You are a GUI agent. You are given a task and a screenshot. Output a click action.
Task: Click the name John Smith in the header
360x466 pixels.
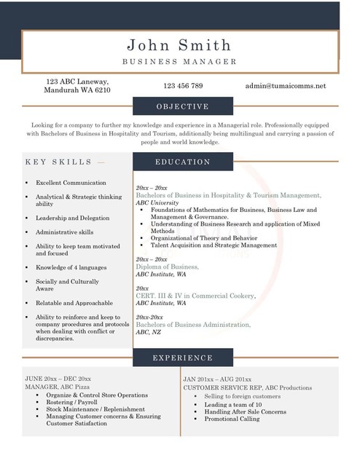(179, 44)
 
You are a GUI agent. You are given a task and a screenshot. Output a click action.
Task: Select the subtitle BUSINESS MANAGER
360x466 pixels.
(179, 62)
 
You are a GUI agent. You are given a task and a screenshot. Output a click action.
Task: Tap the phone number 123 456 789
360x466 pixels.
(183, 86)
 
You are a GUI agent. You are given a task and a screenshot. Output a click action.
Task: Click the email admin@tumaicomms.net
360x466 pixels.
(286, 86)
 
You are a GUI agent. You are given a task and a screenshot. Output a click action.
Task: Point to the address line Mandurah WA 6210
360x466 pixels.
(78, 91)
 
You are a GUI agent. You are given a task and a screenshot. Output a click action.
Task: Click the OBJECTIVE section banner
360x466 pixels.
(182, 106)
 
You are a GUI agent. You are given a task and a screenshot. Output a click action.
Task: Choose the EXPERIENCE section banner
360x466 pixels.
(182, 358)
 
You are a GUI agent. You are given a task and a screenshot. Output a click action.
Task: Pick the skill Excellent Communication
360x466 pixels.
(71, 183)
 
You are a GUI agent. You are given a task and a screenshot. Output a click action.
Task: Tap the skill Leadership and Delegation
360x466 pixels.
(74, 218)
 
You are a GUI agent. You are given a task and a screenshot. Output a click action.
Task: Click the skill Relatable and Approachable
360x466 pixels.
(74, 303)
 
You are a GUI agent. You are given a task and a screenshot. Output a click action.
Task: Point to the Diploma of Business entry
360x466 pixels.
(167, 267)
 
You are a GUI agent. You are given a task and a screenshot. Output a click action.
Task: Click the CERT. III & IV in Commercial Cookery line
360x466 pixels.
(195, 296)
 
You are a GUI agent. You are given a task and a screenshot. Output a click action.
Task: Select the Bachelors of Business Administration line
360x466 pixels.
(193, 324)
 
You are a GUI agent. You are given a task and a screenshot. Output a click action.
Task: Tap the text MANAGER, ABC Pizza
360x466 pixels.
(54, 387)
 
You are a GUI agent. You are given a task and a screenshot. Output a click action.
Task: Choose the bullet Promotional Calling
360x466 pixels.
(231, 419)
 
